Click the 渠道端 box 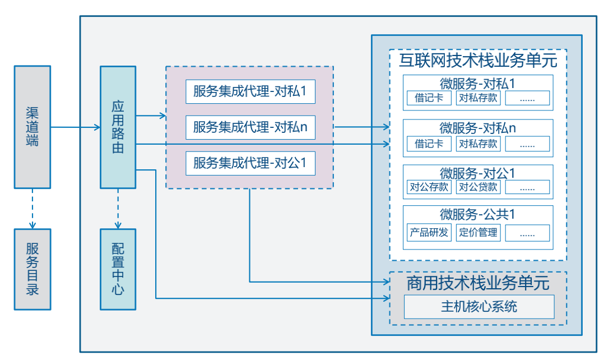(x=32, y=127)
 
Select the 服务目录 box (x=32, y=269)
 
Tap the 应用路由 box (x=118, y=127)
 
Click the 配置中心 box (x=118, y=269)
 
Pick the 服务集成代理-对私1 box (x=250, y=91)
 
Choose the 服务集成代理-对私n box (x=250, y=127)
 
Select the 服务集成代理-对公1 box (x=250, y=163)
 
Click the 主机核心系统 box (x=478, y=307)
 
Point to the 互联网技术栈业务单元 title (x=478, y=59)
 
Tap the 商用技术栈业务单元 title (x=478, y=283)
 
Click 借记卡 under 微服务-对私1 (x=429, y=98)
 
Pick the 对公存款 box (x=429, y=187)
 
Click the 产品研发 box (x=429, y=232)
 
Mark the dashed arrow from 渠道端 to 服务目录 (x=32, y=208)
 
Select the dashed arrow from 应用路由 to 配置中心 (x=118, y=208)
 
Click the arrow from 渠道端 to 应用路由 (x=75, y=128)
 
